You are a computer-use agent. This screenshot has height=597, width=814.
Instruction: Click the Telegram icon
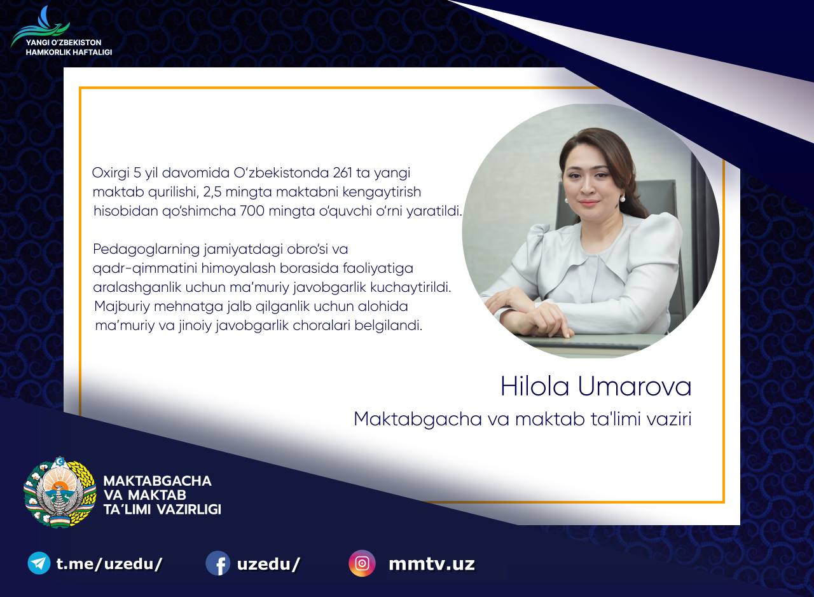39,563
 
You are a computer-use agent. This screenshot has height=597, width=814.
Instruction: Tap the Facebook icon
217,563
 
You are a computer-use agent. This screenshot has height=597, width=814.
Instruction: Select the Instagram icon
362,563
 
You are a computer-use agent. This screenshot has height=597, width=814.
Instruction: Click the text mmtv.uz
432,564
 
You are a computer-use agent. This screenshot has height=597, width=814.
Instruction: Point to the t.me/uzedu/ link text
109,564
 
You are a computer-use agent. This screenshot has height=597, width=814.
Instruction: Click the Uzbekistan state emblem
60,492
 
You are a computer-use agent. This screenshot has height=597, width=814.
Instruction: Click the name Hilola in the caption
535,387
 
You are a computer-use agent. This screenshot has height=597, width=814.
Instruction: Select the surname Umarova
635,387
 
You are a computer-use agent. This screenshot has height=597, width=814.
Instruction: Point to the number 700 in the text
252,210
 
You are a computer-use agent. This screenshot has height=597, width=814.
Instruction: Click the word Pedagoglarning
146,250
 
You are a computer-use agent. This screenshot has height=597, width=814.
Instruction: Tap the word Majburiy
122,307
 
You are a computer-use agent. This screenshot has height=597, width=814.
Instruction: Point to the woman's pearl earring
623,199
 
